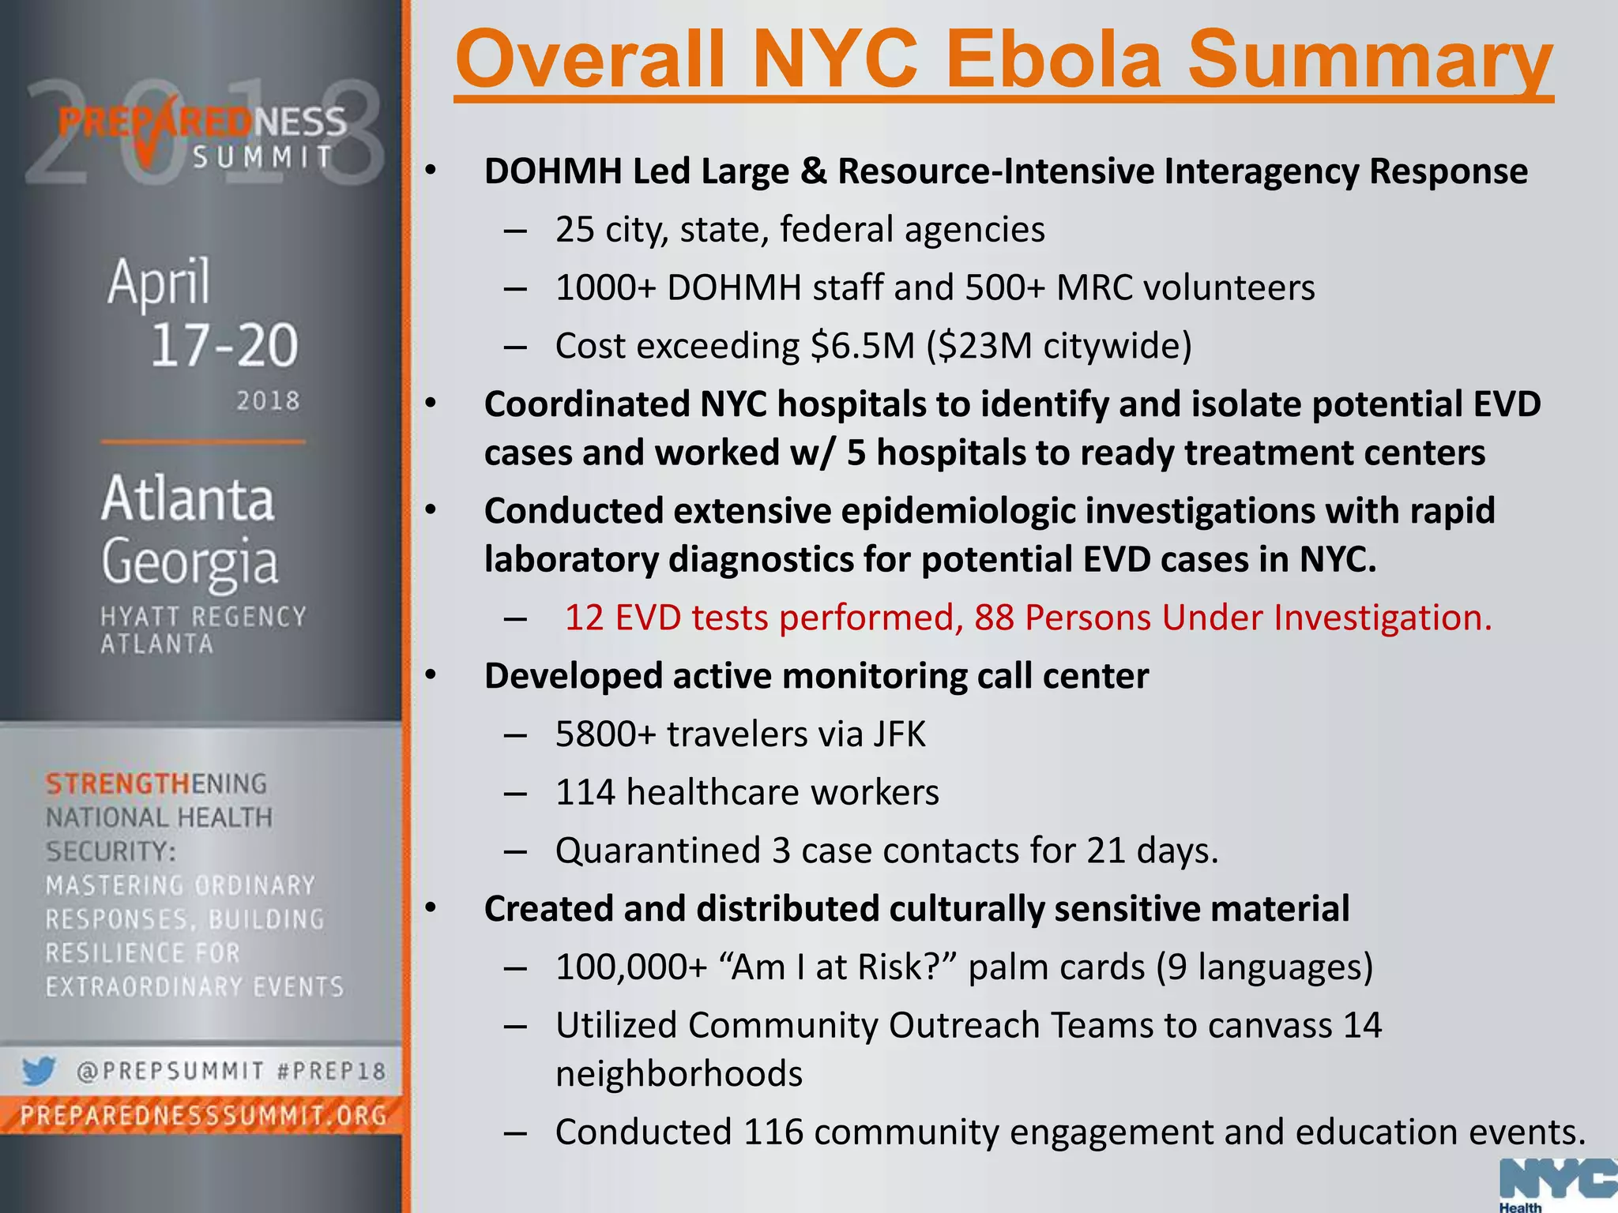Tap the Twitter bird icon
coord(38,1071)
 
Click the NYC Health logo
coord(1557,1184)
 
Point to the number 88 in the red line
coord(994,618)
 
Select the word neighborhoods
coord(679,1074)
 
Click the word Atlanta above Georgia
coord(188,499)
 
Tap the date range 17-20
coord(224,345)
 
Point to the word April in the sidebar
coord(160,282)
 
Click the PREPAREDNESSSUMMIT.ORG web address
coord(203,1115)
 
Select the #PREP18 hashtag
coord(332,1072)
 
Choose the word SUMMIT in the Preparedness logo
coord(263,157)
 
